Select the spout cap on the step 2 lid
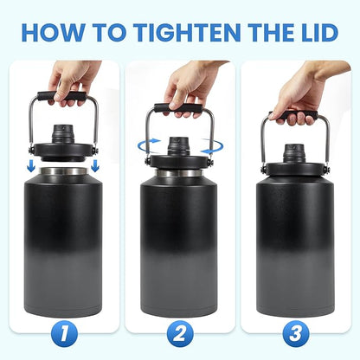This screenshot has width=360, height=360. pos(178,143)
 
